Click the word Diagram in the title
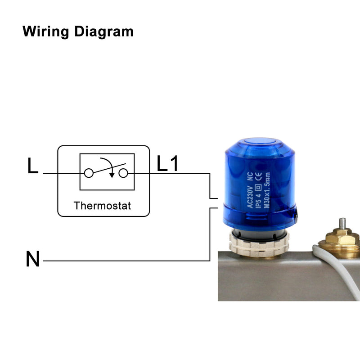pyautogui.click(x=104, y=32)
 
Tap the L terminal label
pyautogui.click(x=32, y=166)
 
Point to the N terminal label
pyautogui.click(x=32, y=260)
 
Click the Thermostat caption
pyautogui.click(x=103, y=206)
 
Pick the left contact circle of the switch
pyautogui.click(x=89, y=173)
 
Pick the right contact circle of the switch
pyautogui.click(x=124, y=173)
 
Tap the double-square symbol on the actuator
pyautogui.click(x=259, y=188)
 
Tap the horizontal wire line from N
pyautogui.click(x=126, y=261)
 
